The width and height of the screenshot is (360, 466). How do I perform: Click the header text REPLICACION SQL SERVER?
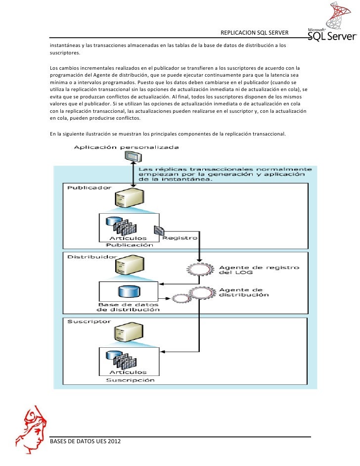pos(254,33)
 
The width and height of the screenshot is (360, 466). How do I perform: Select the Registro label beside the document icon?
pos(180,237)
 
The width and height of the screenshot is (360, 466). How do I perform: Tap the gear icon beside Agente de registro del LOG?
pos(200,271)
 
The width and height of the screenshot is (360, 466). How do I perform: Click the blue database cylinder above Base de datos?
pos(125,292)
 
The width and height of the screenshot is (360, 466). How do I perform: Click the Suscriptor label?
pos(85,321)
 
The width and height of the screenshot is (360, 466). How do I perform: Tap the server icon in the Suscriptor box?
pos(123,333)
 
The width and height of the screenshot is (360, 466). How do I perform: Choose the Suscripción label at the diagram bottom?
pos(130,380)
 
